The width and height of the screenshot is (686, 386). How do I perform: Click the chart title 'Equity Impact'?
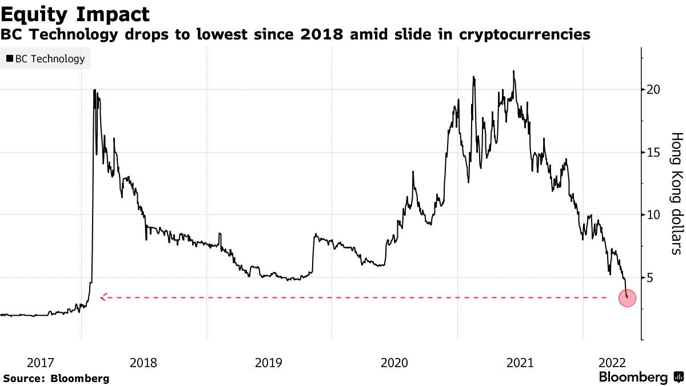[75, 14]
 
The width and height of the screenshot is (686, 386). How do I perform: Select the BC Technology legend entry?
[46, 58]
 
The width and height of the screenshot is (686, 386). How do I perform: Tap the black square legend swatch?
[9, 58]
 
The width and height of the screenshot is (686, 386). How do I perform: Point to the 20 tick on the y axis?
[653, 90]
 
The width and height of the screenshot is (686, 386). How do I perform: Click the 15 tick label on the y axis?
[653, 152]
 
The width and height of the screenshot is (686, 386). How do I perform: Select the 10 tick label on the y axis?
[653, 215]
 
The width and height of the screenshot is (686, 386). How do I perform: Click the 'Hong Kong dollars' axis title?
[676, 193]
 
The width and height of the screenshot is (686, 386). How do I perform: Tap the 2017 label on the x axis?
[41, 363]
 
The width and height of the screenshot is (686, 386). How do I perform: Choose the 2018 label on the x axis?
[143, 363]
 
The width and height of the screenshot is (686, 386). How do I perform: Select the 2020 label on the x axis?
[394, 363]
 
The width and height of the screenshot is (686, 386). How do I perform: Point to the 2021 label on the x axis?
[520, 363]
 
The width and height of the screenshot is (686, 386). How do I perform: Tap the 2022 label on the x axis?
[611, 363]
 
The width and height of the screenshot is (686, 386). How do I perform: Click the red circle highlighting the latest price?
[628, 297]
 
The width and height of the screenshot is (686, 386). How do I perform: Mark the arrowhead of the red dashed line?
[102, 297]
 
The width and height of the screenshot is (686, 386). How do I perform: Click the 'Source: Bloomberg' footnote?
[56, 379]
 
